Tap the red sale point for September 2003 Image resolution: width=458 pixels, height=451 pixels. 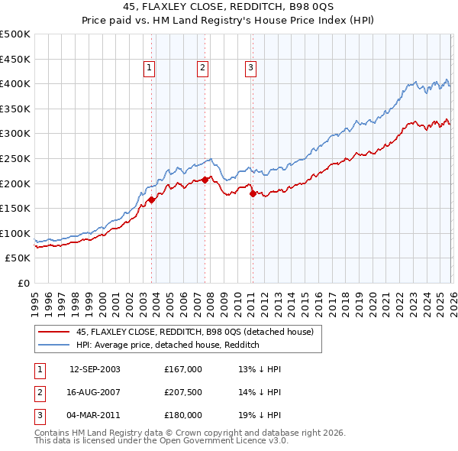coord(151,200)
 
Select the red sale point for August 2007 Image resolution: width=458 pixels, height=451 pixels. coord(205,180)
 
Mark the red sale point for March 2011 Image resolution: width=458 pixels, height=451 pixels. coord(253,193)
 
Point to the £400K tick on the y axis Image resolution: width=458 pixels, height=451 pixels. coord(15,83)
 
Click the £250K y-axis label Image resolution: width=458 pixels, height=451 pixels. coord(15,158)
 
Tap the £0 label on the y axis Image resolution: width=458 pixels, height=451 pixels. coord(23,283)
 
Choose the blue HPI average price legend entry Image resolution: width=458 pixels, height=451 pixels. coord(168,345)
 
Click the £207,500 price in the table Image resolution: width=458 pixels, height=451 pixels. coord(183,392)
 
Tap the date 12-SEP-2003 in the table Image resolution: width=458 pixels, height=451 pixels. coord(95,369)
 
